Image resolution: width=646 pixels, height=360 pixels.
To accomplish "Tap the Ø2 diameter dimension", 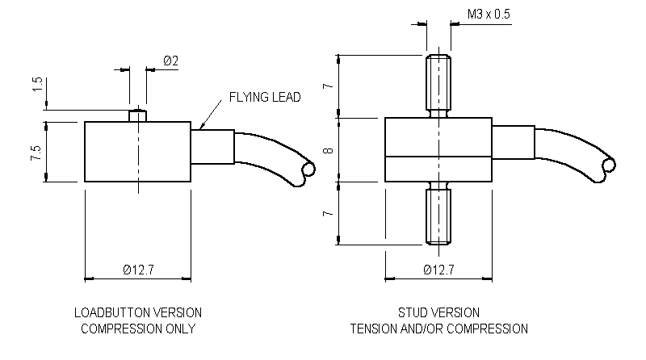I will [170, 61].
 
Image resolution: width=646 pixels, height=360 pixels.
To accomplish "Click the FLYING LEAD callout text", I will [264, 97].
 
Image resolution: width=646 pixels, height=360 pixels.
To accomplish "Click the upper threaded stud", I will [438, 83].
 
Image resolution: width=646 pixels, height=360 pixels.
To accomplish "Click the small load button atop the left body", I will [138, 115].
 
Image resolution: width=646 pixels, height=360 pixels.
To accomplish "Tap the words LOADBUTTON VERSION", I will [138, 312].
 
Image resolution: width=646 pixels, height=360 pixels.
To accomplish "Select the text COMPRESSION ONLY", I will [138, 329].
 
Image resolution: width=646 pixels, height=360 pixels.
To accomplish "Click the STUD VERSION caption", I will [438, 312].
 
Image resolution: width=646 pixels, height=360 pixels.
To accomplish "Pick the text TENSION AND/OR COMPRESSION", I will [438, 329].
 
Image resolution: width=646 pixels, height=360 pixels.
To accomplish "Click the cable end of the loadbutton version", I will [305, 170].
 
